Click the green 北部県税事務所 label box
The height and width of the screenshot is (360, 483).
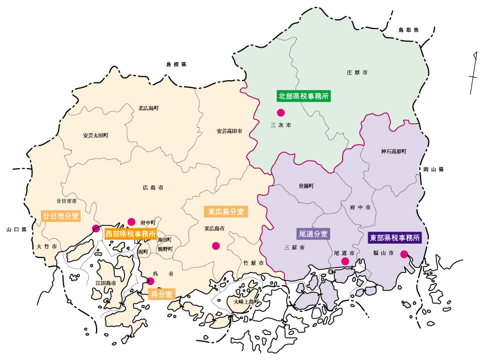point(304,96)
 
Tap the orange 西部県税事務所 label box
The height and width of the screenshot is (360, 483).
point(130,233)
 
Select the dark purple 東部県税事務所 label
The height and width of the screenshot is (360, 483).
point(395,238)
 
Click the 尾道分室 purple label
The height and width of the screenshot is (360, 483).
point(313,233)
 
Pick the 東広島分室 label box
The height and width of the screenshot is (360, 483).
point(225,212)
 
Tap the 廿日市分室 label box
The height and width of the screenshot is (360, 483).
point(61,216)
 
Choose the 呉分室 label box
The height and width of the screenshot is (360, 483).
point(161,294)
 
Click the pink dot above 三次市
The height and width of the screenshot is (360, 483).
point(280,112)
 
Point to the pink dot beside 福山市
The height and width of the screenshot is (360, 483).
point(404,254)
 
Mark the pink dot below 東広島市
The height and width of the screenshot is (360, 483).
point(215,246)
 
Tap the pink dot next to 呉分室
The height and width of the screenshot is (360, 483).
point(151,281)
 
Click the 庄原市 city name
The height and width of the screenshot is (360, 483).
point(357,73)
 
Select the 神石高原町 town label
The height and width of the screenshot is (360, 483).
point(394,152)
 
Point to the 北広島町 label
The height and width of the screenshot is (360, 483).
point(148,108)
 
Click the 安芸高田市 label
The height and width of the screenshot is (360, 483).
point(229,131)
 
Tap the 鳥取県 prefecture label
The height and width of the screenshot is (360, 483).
point(408,30)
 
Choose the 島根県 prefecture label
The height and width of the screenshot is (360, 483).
point(176,65)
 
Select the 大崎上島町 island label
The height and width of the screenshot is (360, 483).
point(245,302)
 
